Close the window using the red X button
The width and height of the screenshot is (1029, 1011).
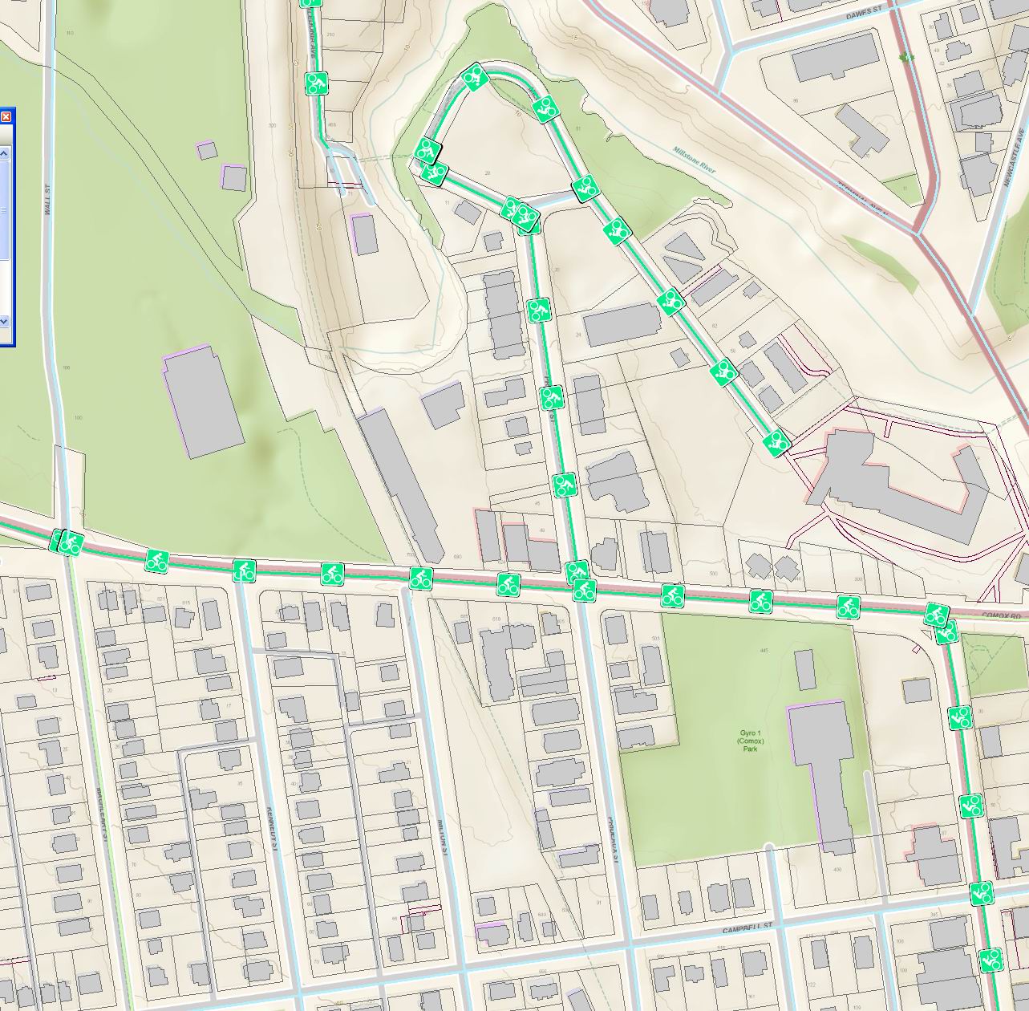click(5, 117)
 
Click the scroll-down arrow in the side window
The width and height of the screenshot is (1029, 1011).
click(3, 320)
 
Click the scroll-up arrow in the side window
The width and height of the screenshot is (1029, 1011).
click(3, 152)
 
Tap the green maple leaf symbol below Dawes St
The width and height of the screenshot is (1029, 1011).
click(906, 58)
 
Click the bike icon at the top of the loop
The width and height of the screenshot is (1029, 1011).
click(475, 77)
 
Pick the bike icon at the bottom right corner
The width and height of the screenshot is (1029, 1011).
click(991, 959)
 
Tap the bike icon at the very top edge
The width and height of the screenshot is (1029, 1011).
click(311, 3)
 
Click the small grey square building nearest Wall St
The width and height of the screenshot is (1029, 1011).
click(206, 150)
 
